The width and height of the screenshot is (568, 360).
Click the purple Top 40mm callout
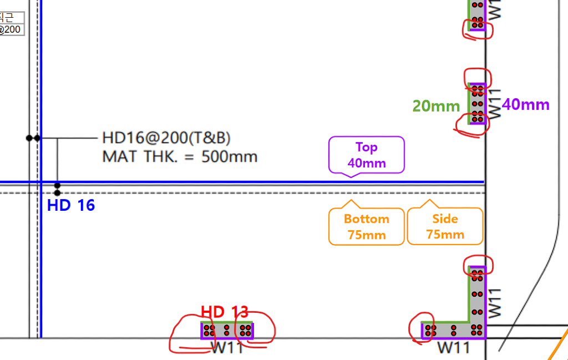(367, 155)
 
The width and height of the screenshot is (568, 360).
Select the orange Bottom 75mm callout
(367, 226)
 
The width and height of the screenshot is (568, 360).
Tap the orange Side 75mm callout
(445, 226)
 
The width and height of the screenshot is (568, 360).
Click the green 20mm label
(436, 106)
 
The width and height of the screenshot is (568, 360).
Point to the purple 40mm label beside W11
(525, 104)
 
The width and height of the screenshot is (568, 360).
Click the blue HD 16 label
(71, 206)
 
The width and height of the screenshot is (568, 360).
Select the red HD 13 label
(224, 312)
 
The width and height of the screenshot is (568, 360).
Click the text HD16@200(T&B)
(166, 138)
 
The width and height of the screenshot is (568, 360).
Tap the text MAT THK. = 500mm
(180, 156)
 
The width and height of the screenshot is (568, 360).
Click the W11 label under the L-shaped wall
(454, 348)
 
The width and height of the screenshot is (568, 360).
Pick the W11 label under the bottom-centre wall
(227, 348)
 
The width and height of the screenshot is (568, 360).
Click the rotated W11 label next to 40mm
(495, 103)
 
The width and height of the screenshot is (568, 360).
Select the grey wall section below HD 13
(227, 331)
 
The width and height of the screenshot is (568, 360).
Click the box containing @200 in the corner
(11, 29)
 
